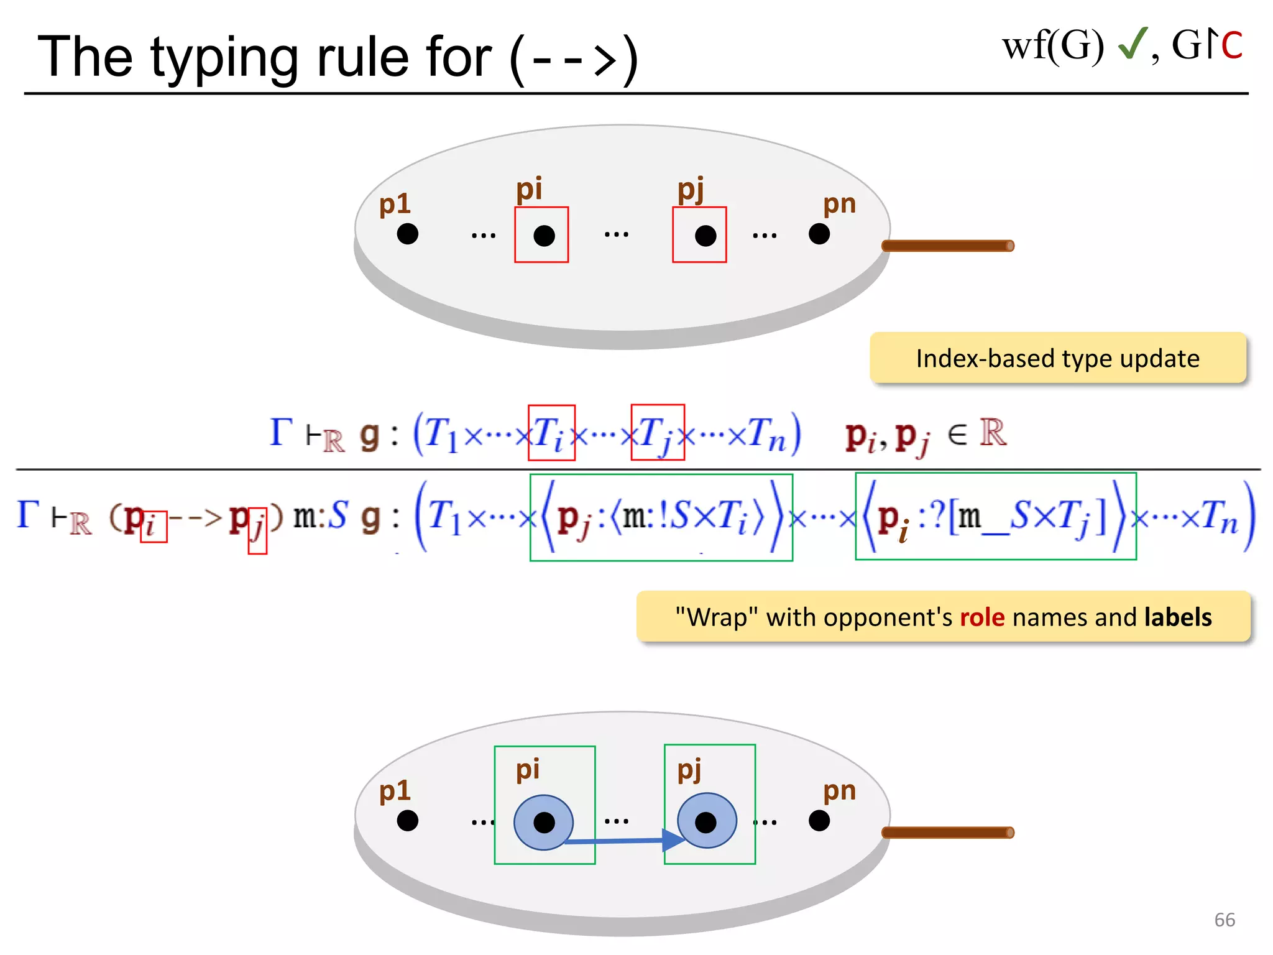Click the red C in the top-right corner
point(1231,46)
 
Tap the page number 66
point(1225,920)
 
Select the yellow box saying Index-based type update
point(1057,358)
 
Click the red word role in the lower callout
point(982,617)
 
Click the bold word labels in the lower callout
point(1177,617)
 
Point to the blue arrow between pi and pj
point(622,841)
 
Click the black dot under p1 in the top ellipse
point(408,234)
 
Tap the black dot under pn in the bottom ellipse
point(819,821)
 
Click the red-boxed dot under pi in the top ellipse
point(544,236)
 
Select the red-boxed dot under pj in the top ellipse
point(705,236)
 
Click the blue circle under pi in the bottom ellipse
point(544,822)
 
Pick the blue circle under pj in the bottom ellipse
point(706,821)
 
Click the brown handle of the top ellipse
point(947,246)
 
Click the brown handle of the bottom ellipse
point(947,833)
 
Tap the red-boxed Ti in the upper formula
point(551,433)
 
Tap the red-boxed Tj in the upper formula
point(657,433)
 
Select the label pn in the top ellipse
point(839,204)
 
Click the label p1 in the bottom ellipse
point(395,791)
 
